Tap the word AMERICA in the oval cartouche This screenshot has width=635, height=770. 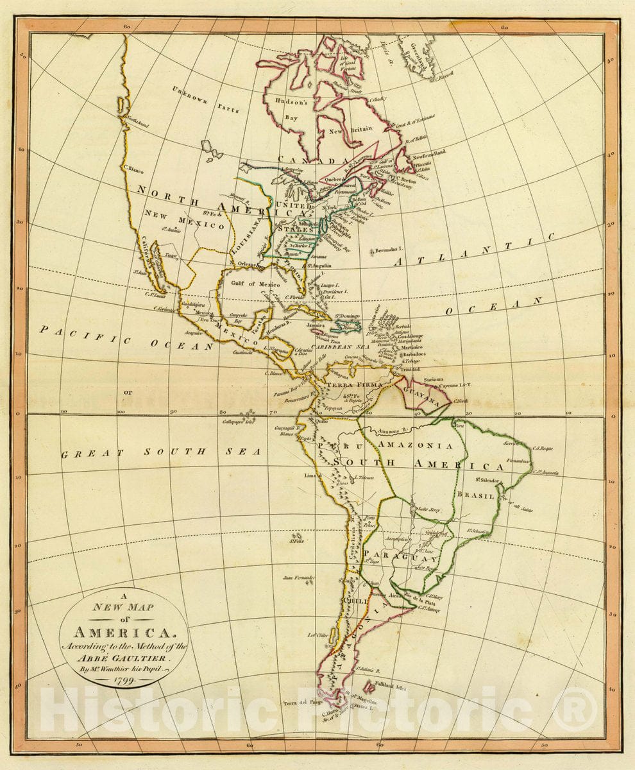[x=123, y=632]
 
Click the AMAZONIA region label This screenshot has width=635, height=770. [x=415, y=445]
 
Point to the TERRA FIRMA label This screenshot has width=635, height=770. [x=355, y=385]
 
